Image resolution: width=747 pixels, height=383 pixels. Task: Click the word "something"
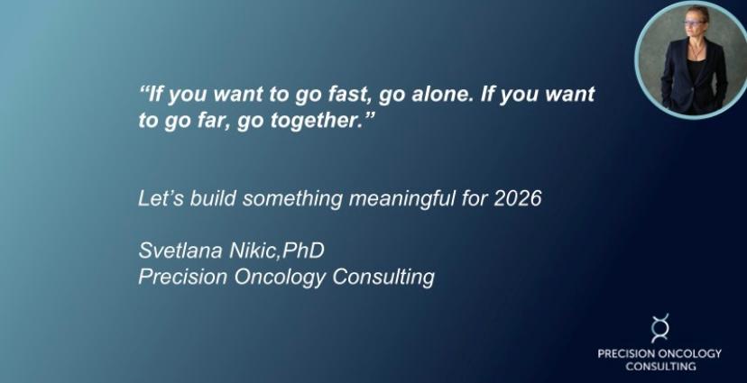point(292,199)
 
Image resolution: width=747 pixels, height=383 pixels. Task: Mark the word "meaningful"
point(401,199)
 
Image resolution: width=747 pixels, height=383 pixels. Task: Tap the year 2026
point(517,198)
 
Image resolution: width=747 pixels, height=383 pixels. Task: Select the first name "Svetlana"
point(180,251)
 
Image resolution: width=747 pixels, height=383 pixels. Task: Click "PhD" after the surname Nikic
point(303,251)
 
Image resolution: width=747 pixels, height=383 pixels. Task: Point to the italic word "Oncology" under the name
point(280,278)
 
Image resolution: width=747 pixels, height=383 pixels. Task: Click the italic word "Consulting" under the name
point(383,278)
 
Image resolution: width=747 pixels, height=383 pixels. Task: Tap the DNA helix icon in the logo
point(660,328)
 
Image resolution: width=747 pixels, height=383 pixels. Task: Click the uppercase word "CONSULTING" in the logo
point(660,367)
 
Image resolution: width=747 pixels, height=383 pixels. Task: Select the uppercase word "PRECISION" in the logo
point(626,353)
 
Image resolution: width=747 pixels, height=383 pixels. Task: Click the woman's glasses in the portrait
point(693,23)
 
